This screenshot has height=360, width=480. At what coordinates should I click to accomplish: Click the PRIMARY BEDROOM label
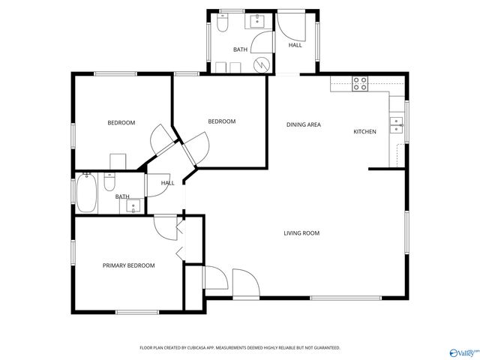tap(128, 265)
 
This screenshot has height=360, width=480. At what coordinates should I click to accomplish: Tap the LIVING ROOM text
tap(301, 233)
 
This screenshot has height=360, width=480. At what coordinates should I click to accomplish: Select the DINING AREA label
tap(303, 124)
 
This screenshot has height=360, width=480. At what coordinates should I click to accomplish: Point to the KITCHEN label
tap(364, 132)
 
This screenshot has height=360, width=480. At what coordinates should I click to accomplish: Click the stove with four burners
tap(360, 83)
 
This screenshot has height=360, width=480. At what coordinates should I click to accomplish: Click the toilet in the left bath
tap(109, 182)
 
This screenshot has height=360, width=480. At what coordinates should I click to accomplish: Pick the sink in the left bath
tap(129, 205)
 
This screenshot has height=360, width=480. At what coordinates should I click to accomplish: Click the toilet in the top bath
tap(223, 25)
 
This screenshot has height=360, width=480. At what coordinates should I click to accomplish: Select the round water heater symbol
tap(261, 64)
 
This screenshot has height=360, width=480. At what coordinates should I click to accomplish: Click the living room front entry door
tap(245, 283)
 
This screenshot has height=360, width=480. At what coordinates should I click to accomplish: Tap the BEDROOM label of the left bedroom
tap(121, 122)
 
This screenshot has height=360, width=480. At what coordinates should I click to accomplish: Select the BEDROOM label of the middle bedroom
tap(221, 121)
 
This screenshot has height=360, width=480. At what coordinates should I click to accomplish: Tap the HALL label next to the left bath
tap(167, 183)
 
